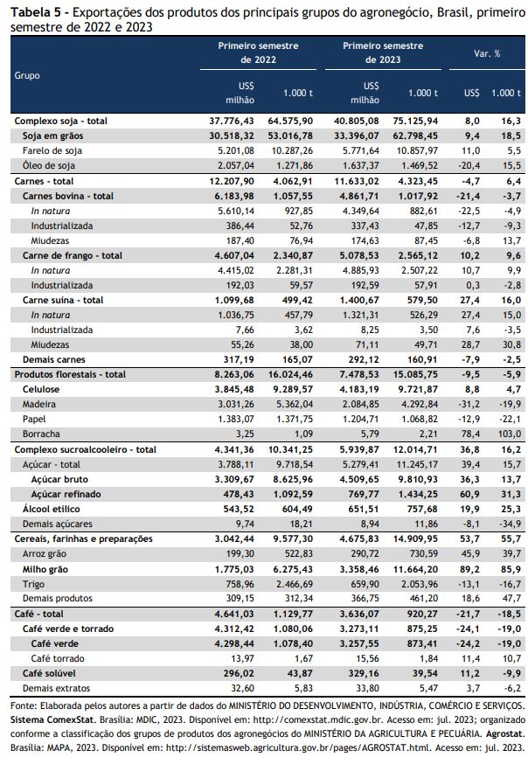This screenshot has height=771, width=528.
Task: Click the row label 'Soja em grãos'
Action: click(52, 135)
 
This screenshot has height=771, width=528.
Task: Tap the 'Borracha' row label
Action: click(41, 434)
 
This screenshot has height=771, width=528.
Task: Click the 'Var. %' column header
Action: click(487, 53)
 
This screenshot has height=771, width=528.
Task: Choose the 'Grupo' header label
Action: click(27, 76)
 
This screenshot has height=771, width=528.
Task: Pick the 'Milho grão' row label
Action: click(45, 569)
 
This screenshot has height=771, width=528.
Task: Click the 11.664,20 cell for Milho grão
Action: click(415, 569)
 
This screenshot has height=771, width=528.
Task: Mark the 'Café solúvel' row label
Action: click(49, 673)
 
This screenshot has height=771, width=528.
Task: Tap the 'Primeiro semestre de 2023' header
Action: click(383, 52)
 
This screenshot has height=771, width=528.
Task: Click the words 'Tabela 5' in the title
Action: click(34, 12)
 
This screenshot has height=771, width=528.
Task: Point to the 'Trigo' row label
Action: click(33, 584)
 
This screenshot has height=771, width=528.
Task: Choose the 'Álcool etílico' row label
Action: click(51, 509)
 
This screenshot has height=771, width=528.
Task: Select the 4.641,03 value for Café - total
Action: click(234, 614)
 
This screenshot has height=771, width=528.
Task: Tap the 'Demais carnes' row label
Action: click(54, 359)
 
